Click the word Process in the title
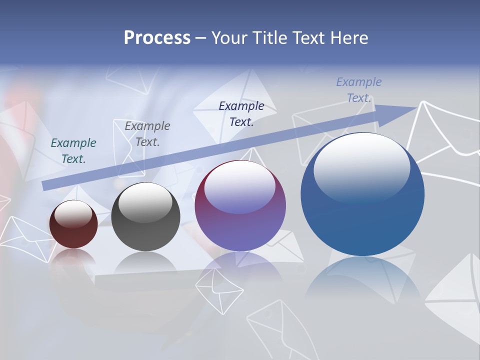pyautogui.click(x=157, y=38)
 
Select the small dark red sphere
pyautogui.click(x=73, y=224)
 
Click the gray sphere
pyautogui.click(x=145, y=216)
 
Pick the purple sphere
pyautogui.click(x=240, y=205)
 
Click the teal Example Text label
pyautogui.click(x=73, y=151)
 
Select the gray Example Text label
pyautogui.click(x=147, y=134)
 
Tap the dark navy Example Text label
pyautogui.click(x=241, y=114)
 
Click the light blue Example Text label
pyautogui.click(x=359, y=90)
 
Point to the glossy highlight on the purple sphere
pyautogui.click(x=239, y=185)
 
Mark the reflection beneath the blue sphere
pyautogui.click(x=362, y=280)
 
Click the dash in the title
pyautogui.click(x=200, y=38)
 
